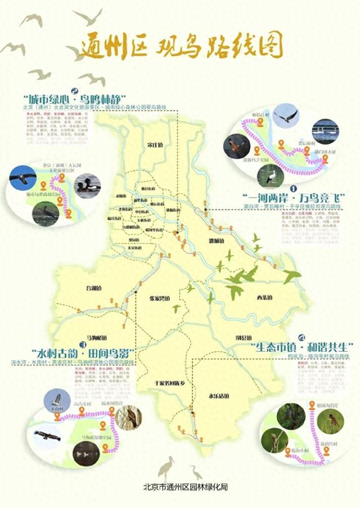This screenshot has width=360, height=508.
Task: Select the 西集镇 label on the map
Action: [x=264, y=297]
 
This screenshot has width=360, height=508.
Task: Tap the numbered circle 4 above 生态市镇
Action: [x=302, y=337]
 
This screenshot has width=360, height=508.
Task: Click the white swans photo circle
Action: [x=325, y=131]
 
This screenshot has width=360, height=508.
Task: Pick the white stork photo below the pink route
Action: [x=271, y=175]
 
